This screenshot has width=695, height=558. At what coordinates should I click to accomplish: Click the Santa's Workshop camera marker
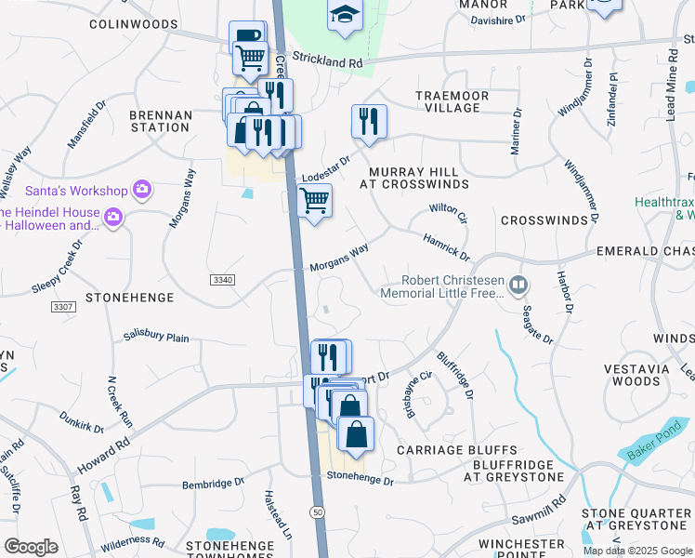tap(142, 190)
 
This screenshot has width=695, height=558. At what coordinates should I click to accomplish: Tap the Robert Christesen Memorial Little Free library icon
tap(520, 283)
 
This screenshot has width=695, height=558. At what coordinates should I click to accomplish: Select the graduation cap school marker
tap(344, 15)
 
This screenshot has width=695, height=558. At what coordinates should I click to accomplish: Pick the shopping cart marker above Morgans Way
tap(315, 199)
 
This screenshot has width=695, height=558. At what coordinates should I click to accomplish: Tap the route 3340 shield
tap(222, 279)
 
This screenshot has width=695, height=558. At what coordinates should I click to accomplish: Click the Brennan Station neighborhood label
tap(161, 121)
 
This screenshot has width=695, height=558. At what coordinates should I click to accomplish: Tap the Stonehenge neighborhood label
tap(129, 298)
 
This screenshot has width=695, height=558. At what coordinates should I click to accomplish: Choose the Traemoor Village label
tap(448, 101)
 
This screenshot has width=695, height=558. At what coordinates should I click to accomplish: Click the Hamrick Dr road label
tap(446, 246)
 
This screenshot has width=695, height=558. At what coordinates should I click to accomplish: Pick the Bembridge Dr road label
tap(213, 483)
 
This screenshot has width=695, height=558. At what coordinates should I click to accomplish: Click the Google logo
tap(32, 547)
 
